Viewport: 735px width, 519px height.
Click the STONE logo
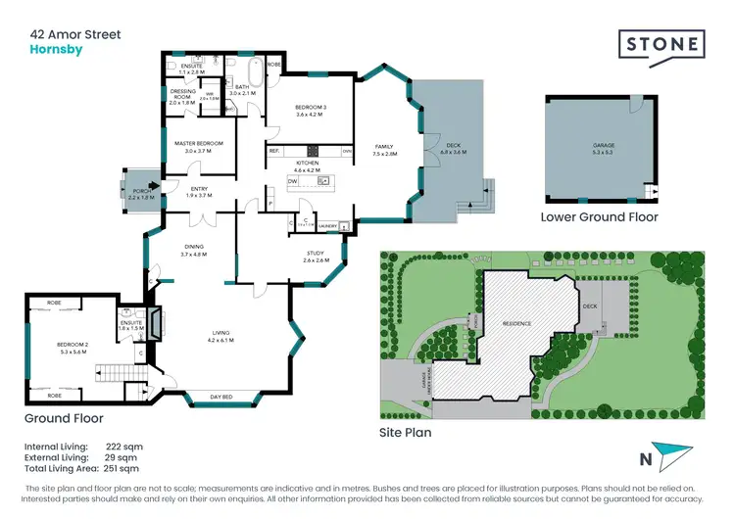coord(661,44)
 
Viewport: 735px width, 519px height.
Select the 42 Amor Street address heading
coord(75,34)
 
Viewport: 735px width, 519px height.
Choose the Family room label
coord(383,150)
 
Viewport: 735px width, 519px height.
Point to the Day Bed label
coord(221,398)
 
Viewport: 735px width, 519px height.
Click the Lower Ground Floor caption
coord(599,217)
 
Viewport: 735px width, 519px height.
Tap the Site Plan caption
coord(405,431)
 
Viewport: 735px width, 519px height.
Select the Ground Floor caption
coord(65,418)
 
